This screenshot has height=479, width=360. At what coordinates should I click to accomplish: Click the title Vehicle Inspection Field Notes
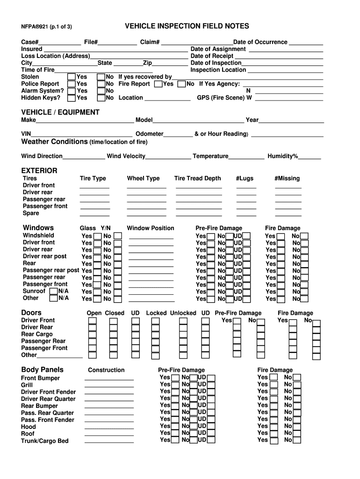click(187, 26)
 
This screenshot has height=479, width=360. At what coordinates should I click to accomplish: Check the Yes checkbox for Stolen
click(72, 77)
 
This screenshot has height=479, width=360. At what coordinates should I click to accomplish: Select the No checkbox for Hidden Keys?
click(101, 98)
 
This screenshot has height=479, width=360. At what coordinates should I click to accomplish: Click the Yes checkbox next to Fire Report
click(158, 84)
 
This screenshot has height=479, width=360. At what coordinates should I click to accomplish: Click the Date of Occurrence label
click(260, 42)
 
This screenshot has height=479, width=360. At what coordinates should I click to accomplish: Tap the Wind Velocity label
click(126, 156)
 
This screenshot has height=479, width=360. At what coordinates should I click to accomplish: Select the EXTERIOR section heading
click(39, 171)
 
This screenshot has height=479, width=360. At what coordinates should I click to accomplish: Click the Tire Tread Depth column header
click(197, 178)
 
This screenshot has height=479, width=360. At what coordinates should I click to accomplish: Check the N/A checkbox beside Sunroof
click(54, 291)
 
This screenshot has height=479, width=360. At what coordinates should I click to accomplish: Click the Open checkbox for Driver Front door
click(93, 321)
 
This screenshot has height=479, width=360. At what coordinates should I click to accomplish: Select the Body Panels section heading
click(43, 370)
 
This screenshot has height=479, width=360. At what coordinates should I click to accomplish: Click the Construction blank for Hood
click(109, 427)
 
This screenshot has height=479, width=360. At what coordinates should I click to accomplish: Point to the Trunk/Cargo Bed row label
click(45, 441)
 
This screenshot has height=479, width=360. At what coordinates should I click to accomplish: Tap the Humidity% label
click(282, 156)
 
